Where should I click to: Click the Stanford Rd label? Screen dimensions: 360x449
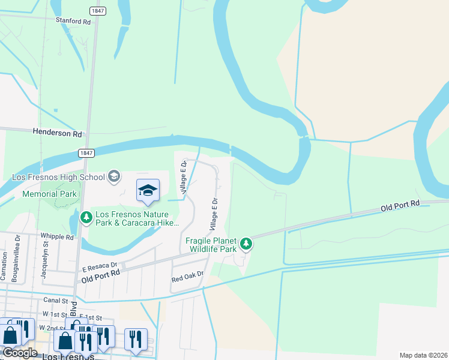(x=73, y=21)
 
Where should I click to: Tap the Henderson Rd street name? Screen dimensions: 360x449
(x=57, y=133)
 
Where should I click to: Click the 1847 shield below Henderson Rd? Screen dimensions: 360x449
(x=86, y=154)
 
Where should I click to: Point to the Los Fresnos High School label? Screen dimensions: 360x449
(x=58, y=177)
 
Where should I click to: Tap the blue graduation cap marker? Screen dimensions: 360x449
(x=148, y=190)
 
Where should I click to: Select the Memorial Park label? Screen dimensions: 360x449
(x=49, y=194)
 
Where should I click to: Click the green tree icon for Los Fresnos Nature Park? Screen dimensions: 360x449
(x=86, y=217)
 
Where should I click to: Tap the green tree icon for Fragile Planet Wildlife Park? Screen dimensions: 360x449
(x=246, y=244)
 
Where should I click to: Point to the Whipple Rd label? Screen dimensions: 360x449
(x=57, y=237)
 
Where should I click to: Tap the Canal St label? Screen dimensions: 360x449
(x=57, y=300)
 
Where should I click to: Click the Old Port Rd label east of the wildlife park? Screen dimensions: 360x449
(x=400, y=206)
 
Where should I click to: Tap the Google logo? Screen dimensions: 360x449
(x=20, y=353)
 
